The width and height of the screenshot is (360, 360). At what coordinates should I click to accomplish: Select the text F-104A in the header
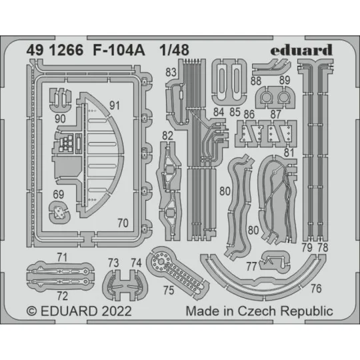[107, 49]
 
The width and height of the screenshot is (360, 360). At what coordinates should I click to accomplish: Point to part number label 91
[115, 105]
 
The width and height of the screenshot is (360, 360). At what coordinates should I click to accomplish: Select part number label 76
[316, 289]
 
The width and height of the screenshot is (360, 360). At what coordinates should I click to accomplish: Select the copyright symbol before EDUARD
[31, 311]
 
